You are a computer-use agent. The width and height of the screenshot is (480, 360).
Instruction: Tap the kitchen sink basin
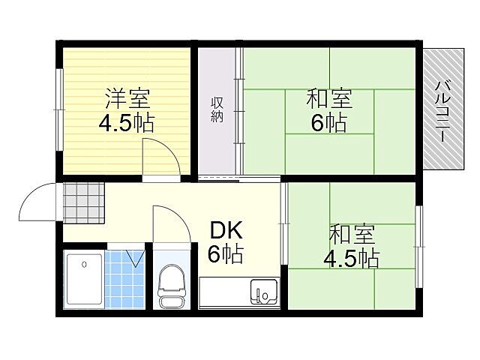(263, 292)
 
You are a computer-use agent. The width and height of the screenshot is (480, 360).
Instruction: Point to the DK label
(225, 230)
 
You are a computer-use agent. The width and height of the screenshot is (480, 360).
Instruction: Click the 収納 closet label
(217, 110)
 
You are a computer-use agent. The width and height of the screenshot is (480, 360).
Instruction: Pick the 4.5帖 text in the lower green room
(350, 259)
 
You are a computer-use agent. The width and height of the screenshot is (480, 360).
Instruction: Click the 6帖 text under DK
(225, 255)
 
